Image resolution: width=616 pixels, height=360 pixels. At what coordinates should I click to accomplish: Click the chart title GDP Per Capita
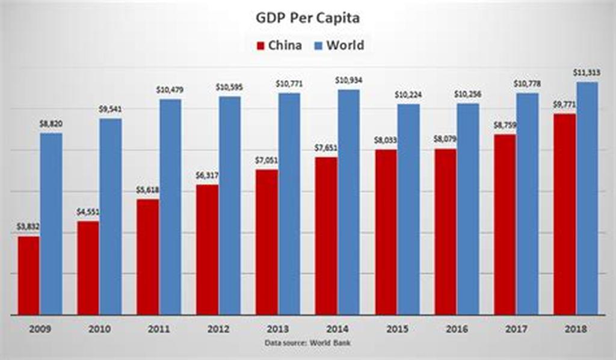(307, 17)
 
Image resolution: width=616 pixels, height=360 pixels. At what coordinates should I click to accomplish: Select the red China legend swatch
(260, 46)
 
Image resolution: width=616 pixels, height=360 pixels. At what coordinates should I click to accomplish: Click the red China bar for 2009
(28, 275)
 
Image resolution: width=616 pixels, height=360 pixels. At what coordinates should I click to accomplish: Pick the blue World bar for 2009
(51, 223)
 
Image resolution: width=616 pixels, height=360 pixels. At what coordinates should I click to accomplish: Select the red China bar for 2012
(207, 249)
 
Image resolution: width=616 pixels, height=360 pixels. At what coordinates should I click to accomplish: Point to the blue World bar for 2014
(349, 202)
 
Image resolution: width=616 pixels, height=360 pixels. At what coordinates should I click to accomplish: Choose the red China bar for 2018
(564, 214)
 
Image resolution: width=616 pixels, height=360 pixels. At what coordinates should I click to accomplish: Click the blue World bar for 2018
(587, 198)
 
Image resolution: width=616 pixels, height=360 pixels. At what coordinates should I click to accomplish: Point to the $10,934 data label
(349, 81)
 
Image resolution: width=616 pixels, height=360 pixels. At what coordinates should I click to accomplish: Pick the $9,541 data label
(111, 110)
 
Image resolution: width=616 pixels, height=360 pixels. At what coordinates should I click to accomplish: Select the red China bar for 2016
(446, 232)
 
